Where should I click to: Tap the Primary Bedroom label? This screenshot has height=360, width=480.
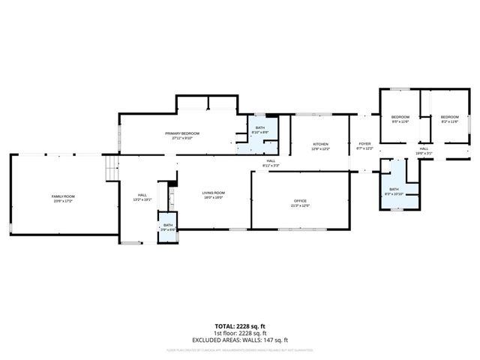[183, 133]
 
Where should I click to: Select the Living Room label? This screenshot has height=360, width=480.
[214, 193]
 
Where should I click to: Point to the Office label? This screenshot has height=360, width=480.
[300, 200]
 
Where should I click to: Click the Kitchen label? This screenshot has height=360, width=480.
[320, 143]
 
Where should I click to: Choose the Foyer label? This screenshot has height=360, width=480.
[364, 143]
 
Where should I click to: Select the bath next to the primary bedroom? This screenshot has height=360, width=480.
[259, 130]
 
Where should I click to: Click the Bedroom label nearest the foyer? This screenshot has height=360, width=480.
[400, 117]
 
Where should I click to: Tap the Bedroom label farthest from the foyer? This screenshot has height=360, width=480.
[449, 117]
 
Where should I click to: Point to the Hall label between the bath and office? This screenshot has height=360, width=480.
[270, 160]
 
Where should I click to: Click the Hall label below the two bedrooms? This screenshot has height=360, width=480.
[424, 148]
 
